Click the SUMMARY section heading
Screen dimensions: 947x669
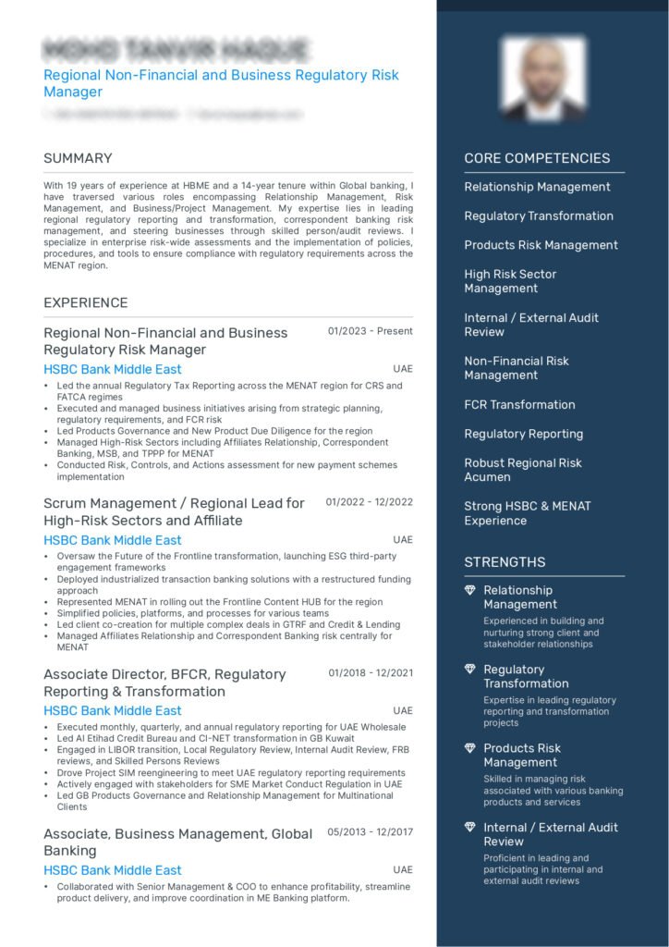(x=78, y=158)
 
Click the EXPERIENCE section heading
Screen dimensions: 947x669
(x=85, y=302)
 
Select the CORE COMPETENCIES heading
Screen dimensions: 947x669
(x=537, y=158)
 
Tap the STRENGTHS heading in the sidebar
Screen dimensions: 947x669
(x=505, y=562)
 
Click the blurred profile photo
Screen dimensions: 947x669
(x=543, y=79)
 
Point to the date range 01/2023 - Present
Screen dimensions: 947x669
(x=370, y=331)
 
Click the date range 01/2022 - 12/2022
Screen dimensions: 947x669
(x=369, y=502)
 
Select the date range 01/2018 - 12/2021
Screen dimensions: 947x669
(x=370, y=673)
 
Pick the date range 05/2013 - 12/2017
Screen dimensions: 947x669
(x=370, y=832)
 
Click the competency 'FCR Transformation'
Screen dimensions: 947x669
(x=519, y=405)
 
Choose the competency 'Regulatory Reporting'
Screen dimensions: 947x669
(x=523, y=434)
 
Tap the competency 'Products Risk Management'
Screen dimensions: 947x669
(x=541, y=245)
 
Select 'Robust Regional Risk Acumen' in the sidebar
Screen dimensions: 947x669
(x=523, y=470)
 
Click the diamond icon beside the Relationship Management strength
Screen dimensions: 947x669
(x=470, y=590)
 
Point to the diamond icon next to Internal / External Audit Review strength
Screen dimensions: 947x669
(x=470, y=828)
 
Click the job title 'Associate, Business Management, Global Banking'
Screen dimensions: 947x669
(x=177, y=842)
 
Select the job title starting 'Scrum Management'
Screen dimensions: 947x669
(x=174, y=511)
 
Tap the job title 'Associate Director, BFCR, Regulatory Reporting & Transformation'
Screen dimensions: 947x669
(x=164, y=683)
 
